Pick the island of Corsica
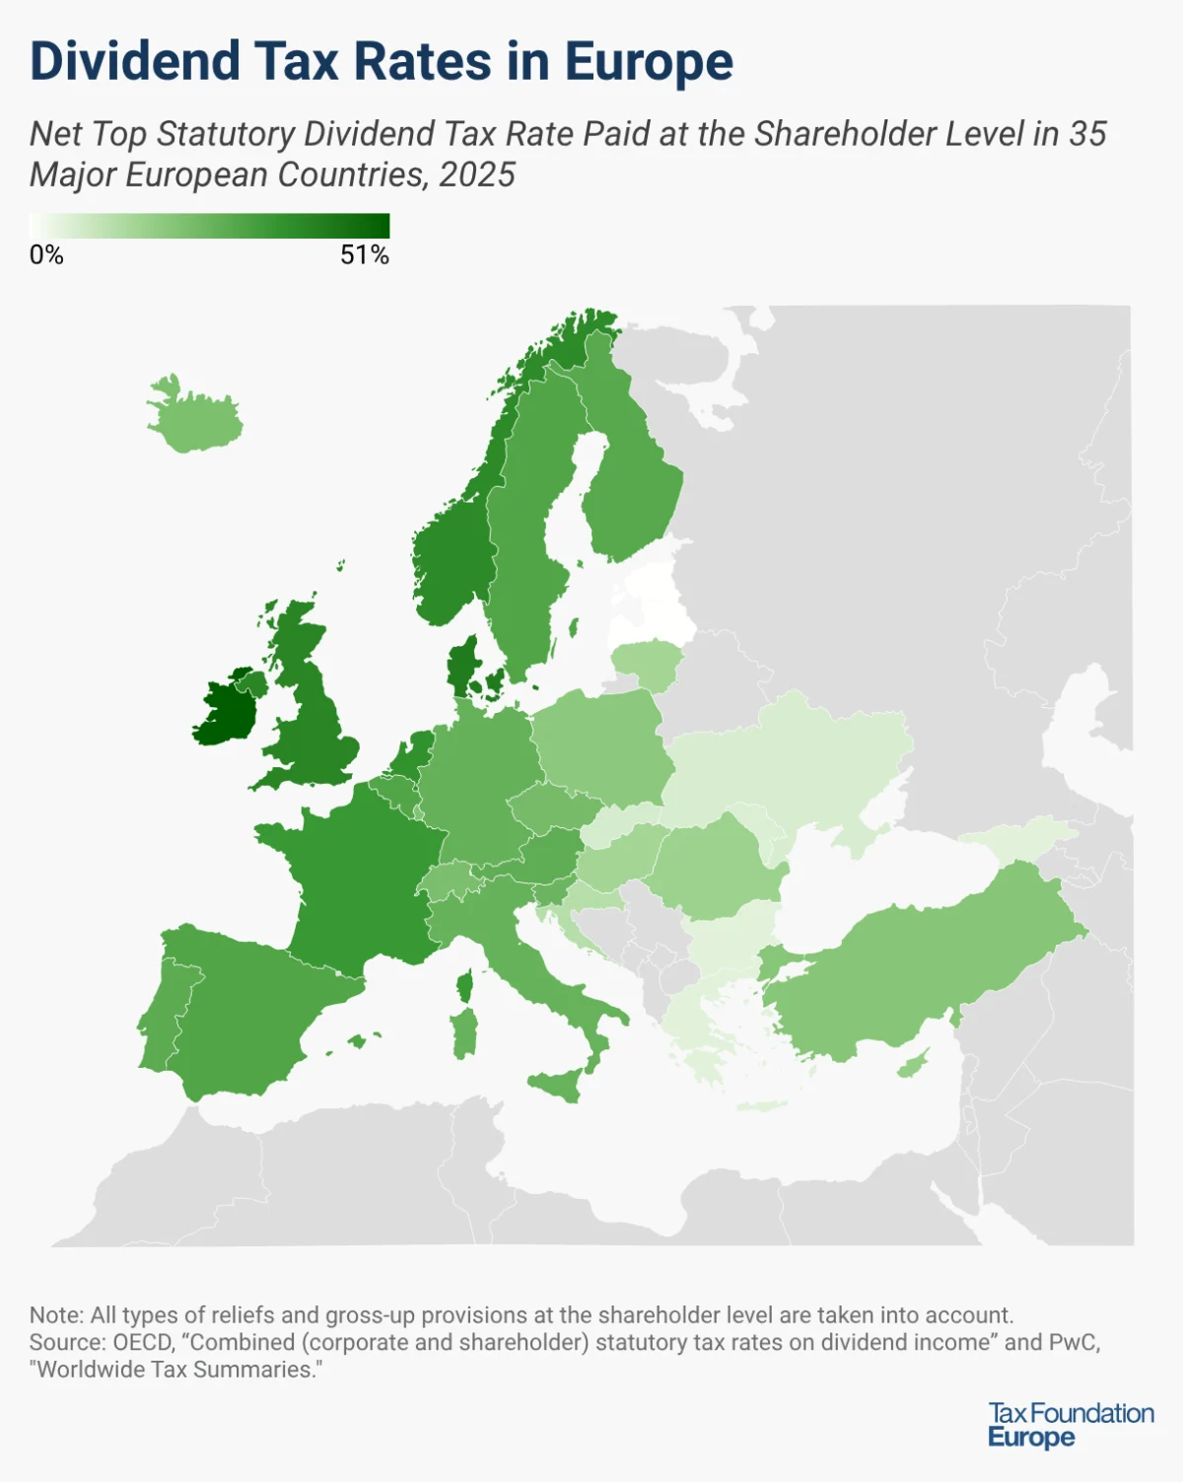465,984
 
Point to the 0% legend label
46,255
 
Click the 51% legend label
365,255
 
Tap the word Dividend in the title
135,61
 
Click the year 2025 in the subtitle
477,175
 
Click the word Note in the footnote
55,1315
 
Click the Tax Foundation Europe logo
1071,1425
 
